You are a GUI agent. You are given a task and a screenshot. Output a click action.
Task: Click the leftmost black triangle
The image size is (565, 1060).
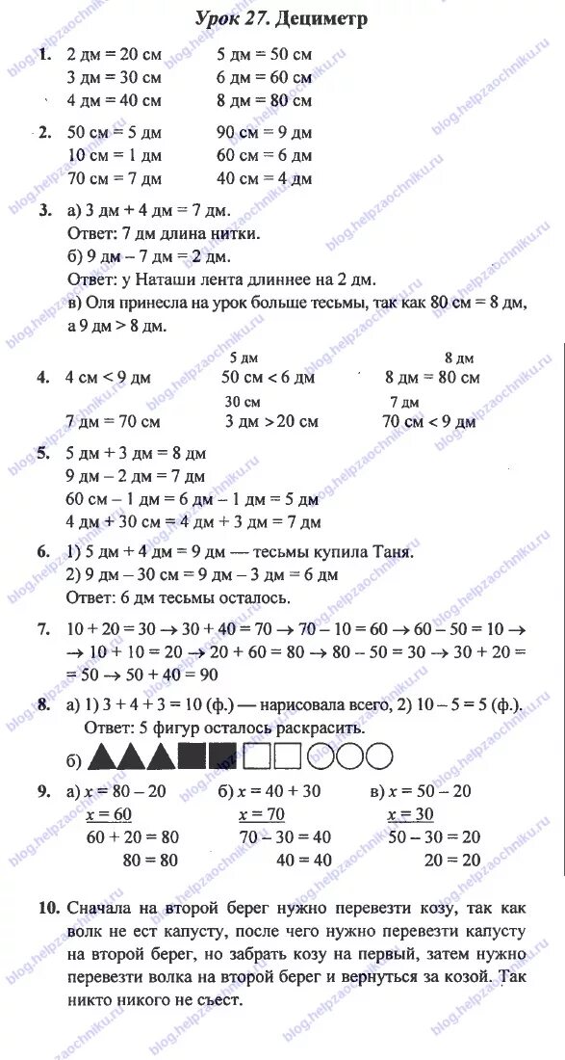click(x=101, y=756)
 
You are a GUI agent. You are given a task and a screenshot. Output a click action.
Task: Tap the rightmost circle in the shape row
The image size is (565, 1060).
click(x=378, y=756)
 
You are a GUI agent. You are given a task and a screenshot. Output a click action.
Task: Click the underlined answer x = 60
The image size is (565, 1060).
click(x=108, y=815)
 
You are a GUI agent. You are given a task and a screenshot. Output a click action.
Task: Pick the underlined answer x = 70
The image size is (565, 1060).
click(x=260, y=815)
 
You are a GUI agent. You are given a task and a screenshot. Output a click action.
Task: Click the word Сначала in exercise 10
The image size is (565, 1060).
click(x=104, y=910)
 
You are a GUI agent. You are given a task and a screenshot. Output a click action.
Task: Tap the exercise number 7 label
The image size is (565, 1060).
click(x=42, y=629)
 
